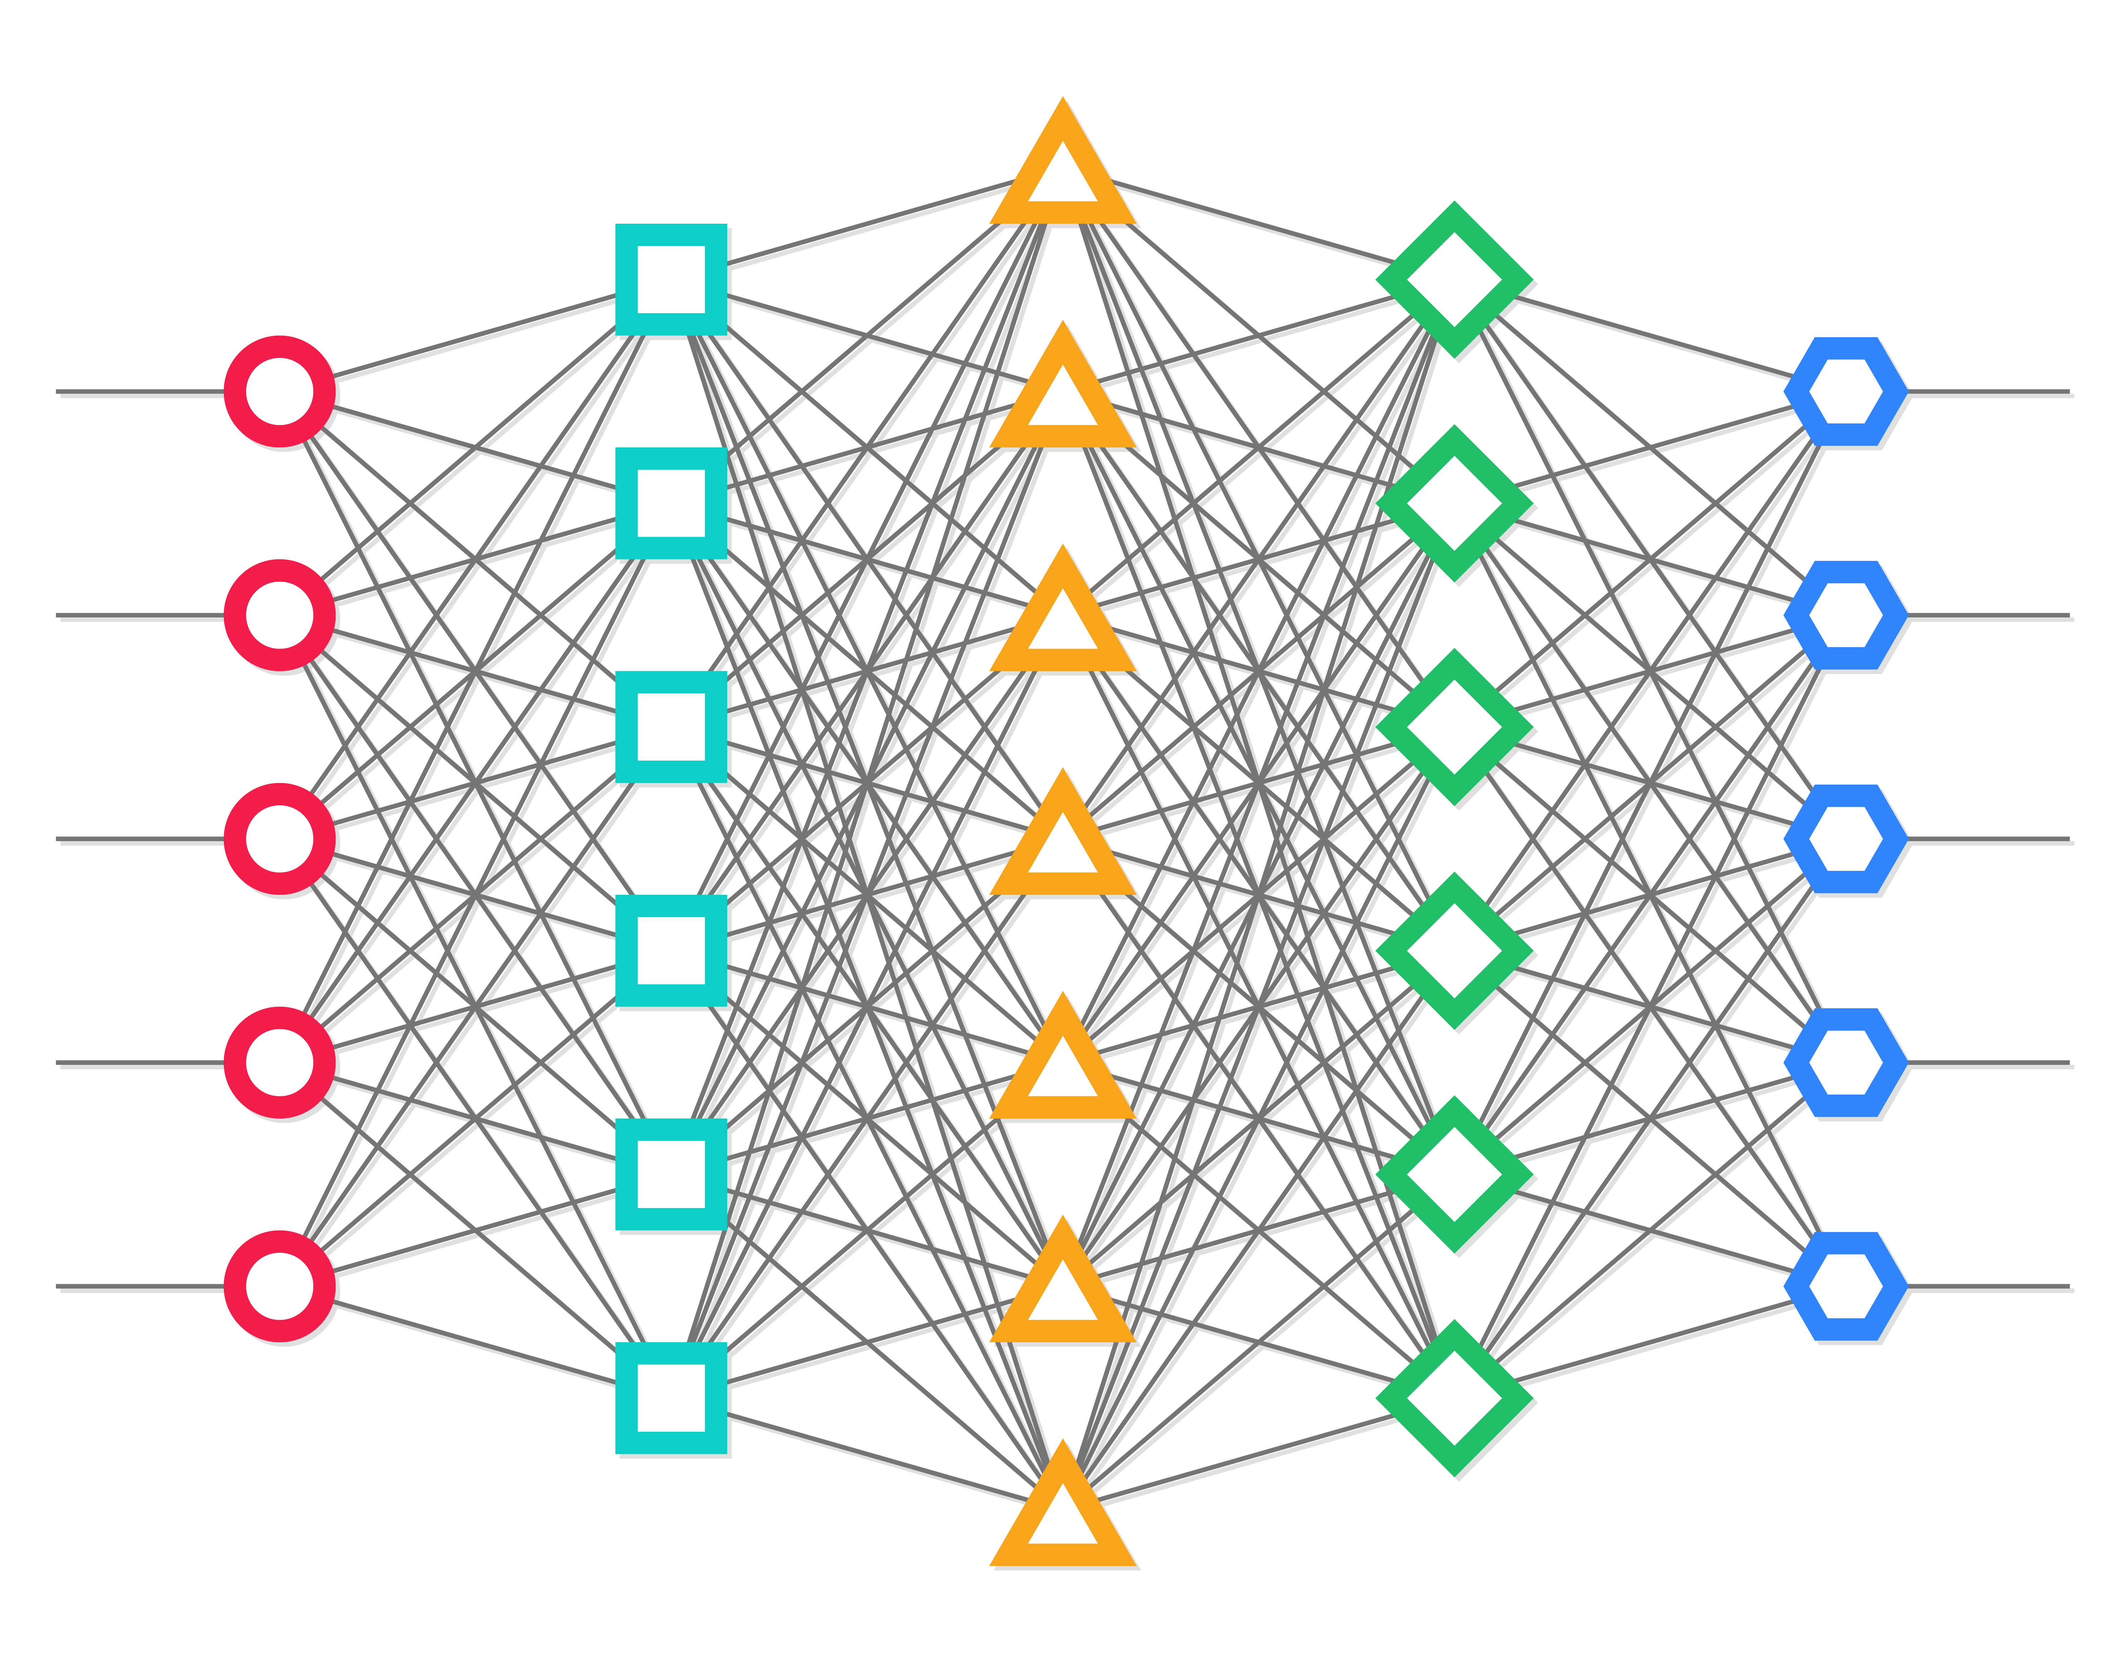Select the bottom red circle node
(280, 1286)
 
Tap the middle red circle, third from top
(280, 839)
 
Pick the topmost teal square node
(671, 280)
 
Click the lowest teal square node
(671, 1398)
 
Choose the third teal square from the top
(671, 727)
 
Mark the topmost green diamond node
(1454, 280)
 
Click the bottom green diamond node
(1454, 1398)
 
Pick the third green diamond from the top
(1454, 727)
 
